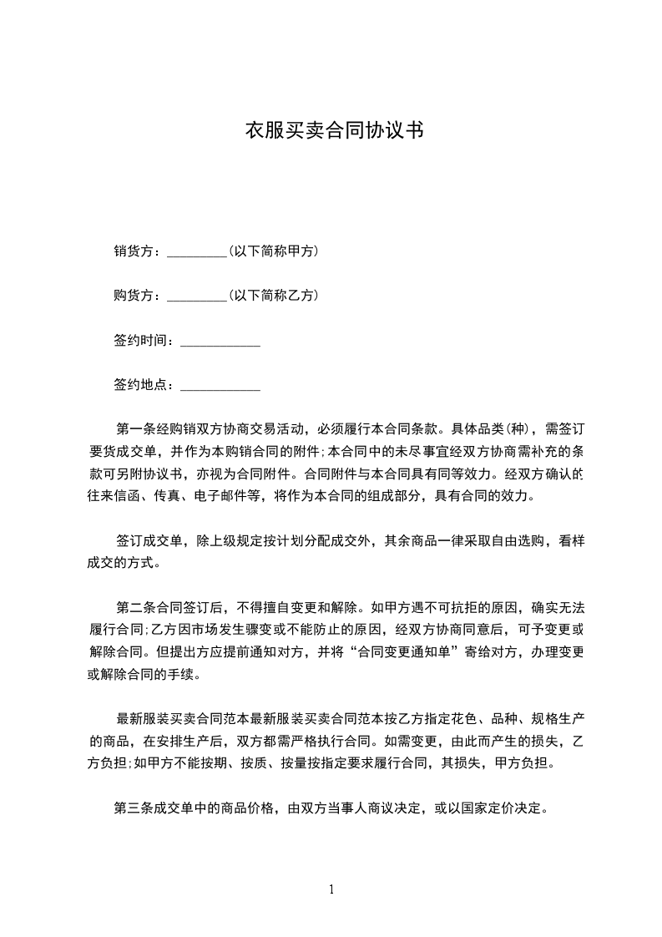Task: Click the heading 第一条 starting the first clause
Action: pyautogui.click(x=134, y=430)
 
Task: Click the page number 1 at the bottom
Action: pyautogui.click(x=331, y=889)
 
